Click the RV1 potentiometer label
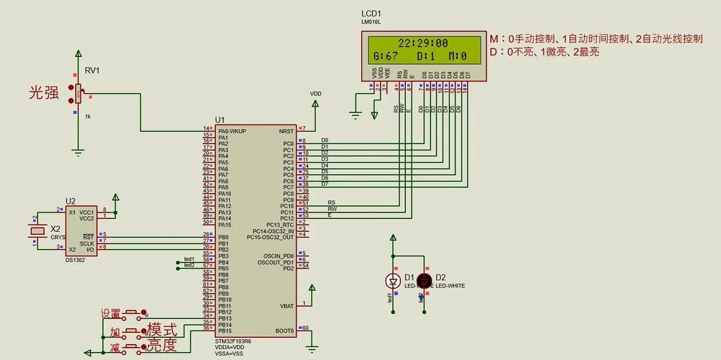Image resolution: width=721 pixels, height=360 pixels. pos(93,70)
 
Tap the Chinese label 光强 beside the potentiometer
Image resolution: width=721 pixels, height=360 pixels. pos(44,93)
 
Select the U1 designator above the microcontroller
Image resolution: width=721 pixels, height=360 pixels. pos(219,120)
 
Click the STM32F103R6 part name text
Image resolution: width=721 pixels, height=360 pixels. pos(233,341)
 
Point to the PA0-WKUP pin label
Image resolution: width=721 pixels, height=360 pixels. pos(232,131)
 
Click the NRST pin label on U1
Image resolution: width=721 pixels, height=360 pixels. pos(286,131)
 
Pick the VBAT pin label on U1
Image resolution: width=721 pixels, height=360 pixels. pos(286,306)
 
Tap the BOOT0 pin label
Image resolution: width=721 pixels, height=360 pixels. pos(285,331)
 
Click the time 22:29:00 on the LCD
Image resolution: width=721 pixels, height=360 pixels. pos(423,43)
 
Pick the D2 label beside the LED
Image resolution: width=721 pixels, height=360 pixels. pos(440,277)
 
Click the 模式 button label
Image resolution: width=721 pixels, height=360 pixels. pos(162,330)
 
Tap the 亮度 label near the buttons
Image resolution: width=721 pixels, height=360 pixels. pos(162,345)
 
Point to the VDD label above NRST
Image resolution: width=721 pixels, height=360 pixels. pos(316,94)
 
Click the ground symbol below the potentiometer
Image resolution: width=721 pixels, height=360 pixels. pos(78,152)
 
